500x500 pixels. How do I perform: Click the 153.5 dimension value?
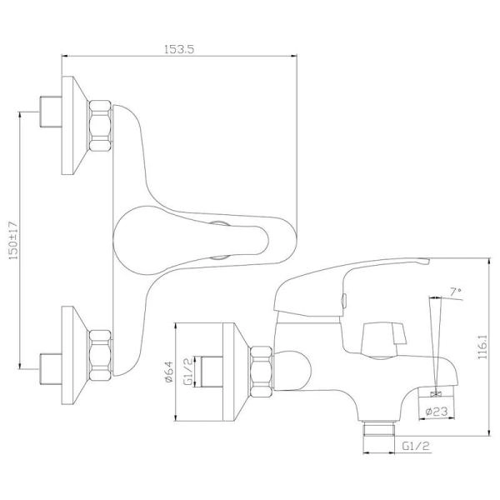[179, 50]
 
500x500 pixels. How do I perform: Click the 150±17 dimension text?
[13, 240]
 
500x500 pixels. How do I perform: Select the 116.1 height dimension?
[482, 347]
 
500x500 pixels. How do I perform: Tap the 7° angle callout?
[455, 292]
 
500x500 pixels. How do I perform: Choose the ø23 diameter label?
[437, 411]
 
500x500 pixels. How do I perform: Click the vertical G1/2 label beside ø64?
[189, 372]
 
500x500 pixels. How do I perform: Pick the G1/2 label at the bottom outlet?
[416, 446]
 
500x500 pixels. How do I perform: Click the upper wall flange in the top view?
[75, 125]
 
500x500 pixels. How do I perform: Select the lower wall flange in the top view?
[75, 355]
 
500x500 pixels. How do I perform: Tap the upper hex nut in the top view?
[100, 126]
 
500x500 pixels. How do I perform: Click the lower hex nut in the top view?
[100, 355]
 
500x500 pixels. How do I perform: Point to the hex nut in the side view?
[261, 372]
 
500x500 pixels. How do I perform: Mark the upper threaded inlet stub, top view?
[51, 112]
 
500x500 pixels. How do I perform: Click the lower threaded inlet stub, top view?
[51, 368]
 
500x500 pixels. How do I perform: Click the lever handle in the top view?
[191, 240]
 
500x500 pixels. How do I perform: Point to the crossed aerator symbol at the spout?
[434, 394]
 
